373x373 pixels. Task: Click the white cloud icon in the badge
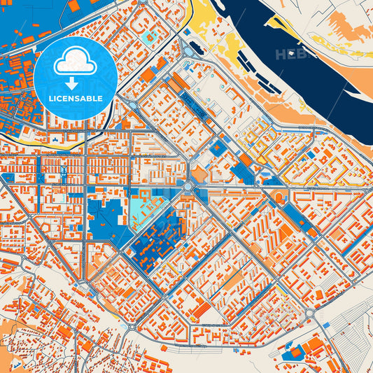76,62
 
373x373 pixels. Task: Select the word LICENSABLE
76,99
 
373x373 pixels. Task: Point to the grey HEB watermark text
291,54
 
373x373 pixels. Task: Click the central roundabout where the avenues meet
188,187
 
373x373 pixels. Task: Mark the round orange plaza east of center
279,195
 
